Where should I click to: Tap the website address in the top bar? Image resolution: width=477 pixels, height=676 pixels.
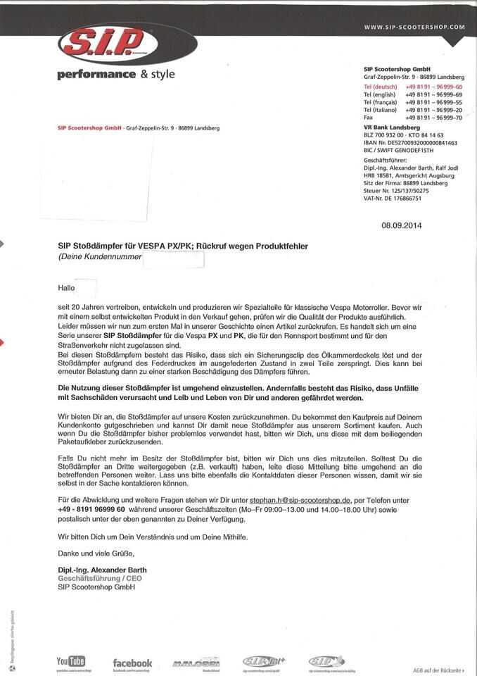click(414, 26)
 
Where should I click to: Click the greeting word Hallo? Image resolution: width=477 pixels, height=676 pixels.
click(66, 288)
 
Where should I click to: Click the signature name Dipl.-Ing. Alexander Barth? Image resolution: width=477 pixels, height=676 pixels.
click(103, 570)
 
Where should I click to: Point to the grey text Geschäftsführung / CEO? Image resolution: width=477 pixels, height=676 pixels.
click(100, 578)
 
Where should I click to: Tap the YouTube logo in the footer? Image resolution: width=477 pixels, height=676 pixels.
click(70, 661)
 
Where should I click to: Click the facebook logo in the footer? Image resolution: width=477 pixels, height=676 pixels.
click(132, 663)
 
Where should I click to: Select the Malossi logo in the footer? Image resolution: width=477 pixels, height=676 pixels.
click(196, 663)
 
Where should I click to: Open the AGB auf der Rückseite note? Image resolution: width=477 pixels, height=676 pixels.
click(438, 670)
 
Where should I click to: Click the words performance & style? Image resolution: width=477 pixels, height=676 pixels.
click(117, 75)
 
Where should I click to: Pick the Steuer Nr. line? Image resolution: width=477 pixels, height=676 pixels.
click(396, 191)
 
